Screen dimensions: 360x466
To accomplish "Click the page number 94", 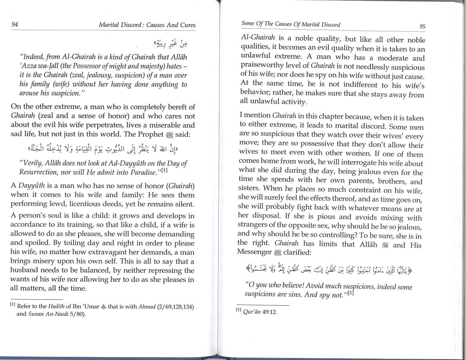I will point(15,25).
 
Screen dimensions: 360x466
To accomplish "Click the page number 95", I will point(422,26).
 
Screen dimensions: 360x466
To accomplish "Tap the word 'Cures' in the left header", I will point(187,25).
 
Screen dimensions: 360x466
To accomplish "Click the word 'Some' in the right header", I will point(248,24).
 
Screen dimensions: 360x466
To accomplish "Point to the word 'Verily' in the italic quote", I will point(32,163).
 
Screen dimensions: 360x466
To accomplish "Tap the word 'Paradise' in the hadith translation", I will point(142,172).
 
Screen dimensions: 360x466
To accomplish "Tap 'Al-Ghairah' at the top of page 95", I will point(258,38).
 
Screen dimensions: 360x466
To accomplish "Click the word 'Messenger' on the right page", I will point(254,252).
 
